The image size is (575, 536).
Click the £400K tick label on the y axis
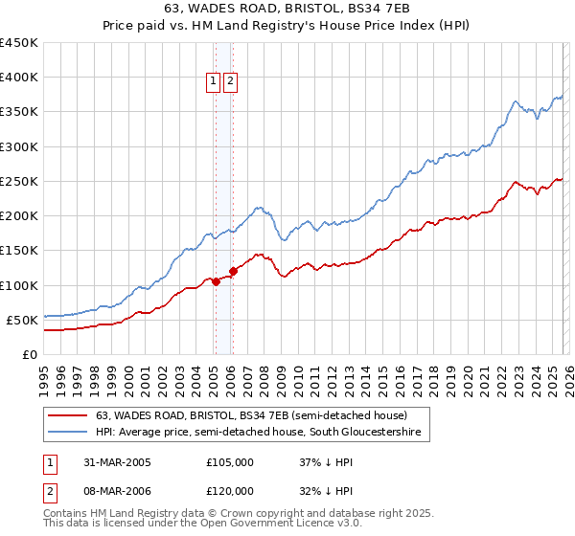coord(19,78)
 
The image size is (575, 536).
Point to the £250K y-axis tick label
coord(19,181)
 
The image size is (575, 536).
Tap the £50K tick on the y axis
coord(23,320)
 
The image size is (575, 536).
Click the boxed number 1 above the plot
coord(213,82)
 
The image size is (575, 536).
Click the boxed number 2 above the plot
coord(231,82)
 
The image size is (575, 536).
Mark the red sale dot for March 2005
coord(216,281)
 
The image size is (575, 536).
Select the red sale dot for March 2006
coord(233,271)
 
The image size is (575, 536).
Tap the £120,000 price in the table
coord(229,491)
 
